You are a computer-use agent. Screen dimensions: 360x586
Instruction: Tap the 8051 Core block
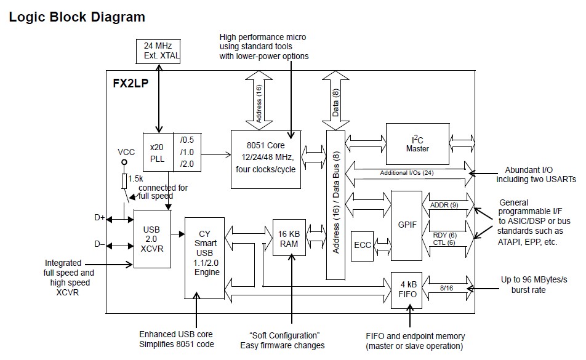click(x=266, y=159)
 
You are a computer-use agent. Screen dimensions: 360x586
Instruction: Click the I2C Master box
click(x=417, y=143)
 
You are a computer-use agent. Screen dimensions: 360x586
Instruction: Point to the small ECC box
click(x=362, y=244)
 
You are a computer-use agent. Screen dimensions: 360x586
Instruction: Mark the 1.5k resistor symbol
click(x=124, y=181)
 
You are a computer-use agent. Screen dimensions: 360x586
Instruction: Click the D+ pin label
click(x=100, y=217)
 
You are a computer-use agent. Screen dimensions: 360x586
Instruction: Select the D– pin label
click(x=100, y=244)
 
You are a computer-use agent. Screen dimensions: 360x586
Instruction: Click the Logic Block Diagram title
click(x=77, y=17)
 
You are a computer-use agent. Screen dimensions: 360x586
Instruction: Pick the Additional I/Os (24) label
click(x=406, y=172)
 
